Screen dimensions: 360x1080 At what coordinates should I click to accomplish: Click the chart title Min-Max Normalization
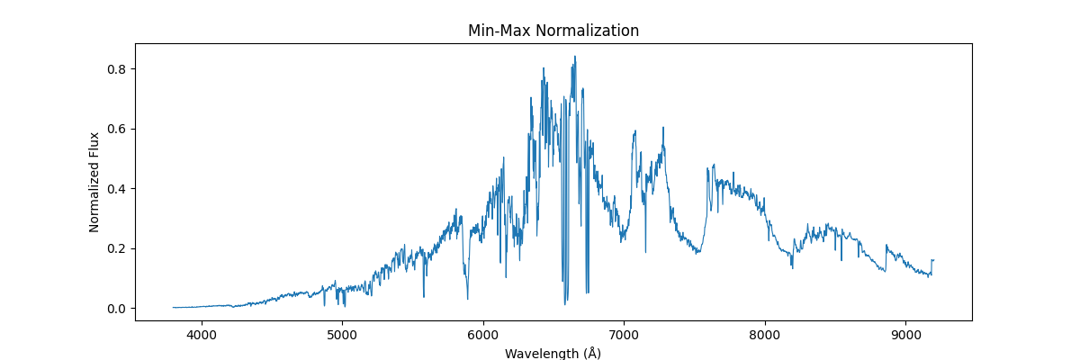coord(553,31)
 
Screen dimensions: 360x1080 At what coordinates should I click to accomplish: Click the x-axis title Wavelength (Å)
coord(553,353)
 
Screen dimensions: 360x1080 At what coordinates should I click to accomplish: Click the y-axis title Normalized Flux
coord(94,182)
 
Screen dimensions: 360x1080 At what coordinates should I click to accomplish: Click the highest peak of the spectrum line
coord(575,57)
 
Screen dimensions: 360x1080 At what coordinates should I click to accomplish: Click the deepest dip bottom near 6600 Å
coord(565,304)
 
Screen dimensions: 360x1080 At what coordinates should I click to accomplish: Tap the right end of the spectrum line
coord(933,260)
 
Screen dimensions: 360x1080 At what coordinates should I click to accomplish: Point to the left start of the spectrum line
coord(174,308)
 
